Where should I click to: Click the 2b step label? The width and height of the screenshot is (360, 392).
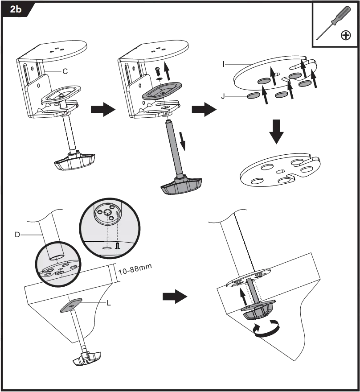(x=16, y=10)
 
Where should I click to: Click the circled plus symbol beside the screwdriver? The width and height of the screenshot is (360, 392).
(x=346, y=35)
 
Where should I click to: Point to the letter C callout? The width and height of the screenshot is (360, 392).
(x=66, y=71)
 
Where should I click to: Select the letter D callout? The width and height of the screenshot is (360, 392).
(x=17, y=234)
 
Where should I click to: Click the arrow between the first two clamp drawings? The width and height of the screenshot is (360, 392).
(x=102, y=110)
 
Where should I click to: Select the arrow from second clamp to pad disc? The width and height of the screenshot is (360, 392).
(x=202, y=110)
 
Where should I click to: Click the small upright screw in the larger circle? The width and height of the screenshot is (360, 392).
(x=118, y=244)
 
